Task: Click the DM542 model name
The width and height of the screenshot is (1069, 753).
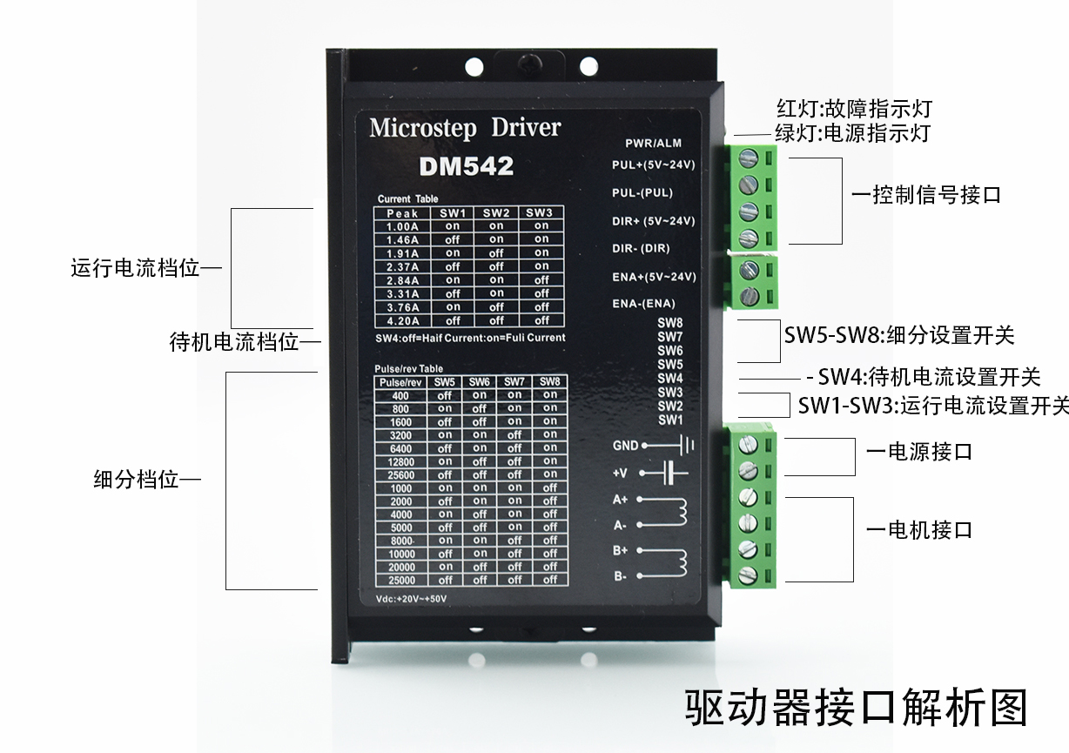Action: click(x=466, y=166)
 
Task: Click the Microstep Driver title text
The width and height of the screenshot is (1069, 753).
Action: click(x=465, y=128)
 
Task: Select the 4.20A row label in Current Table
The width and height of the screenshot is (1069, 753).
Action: click(x=402, y=320)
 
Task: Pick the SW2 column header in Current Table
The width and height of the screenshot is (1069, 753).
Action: click(x=496, y=213)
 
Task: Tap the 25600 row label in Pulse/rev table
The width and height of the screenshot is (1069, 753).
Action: click(x=401, y=475)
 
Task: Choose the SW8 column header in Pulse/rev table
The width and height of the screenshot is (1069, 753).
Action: click(x=549, y=382)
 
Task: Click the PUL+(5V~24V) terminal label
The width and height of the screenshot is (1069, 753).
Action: click(x=653, y=165)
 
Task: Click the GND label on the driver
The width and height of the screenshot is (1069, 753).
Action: click(x=625, y=446)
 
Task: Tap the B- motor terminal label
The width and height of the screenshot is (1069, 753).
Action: click(x=620, y=576)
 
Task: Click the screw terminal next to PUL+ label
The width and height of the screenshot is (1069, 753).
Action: click(x=748, y=158)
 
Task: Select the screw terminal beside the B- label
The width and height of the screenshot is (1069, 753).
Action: click(x=747, y=575)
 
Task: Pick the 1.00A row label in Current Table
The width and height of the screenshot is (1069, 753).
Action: click(x=402, y=226)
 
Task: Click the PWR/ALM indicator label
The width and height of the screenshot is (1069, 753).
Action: click(x=653, y=143)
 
